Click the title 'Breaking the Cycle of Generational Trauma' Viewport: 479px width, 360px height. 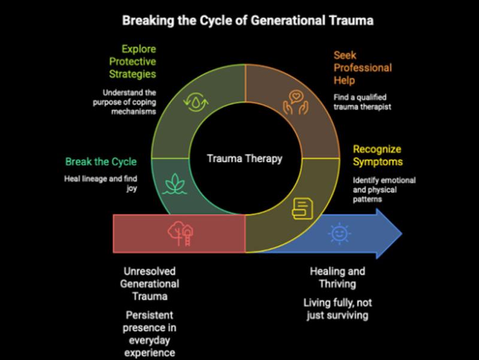tap(248, 21)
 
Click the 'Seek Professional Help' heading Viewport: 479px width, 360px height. tap(363, 67)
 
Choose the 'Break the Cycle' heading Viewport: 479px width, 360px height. tap(101, 162)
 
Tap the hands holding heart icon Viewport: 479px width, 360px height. tap(293, 101)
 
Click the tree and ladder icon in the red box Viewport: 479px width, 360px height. tap(180, 232)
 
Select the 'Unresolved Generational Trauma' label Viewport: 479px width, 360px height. tap(149, 283)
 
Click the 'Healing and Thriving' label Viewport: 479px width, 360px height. tap(337, 277)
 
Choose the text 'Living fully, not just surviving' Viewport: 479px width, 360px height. tap(337, 309)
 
